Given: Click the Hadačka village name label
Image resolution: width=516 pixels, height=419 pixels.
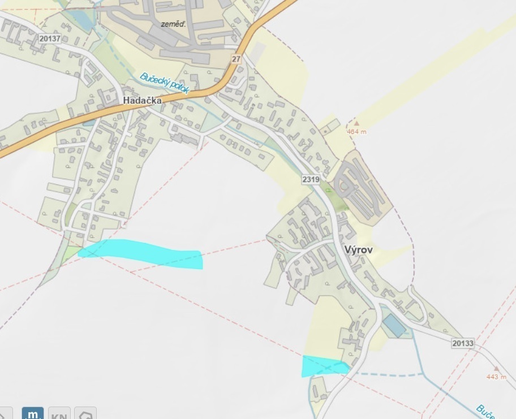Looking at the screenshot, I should tap(142, 100).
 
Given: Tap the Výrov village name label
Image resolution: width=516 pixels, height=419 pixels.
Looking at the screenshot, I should tap(358, 249).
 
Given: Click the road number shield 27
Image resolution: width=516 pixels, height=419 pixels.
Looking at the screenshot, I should tap(236, 59).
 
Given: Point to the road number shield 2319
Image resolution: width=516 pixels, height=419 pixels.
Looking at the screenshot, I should tap(311, 179).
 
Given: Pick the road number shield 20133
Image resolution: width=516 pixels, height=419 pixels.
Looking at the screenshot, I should tap(463, 343).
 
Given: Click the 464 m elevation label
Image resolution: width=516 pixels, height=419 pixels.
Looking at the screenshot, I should tap(356, 132).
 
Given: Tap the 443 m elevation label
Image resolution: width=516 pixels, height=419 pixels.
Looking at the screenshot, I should tap(497, 377).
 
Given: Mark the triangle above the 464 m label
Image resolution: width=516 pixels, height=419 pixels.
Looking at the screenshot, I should tap(356, 122).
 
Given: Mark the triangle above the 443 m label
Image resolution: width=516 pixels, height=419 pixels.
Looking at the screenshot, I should tap(497, 368).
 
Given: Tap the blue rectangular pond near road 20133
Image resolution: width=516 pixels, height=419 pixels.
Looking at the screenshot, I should tap(394, 326).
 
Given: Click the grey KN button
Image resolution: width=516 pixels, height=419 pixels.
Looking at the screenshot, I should tap(59, 414).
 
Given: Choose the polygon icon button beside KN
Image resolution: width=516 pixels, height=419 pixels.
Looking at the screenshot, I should tap(85, 414).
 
